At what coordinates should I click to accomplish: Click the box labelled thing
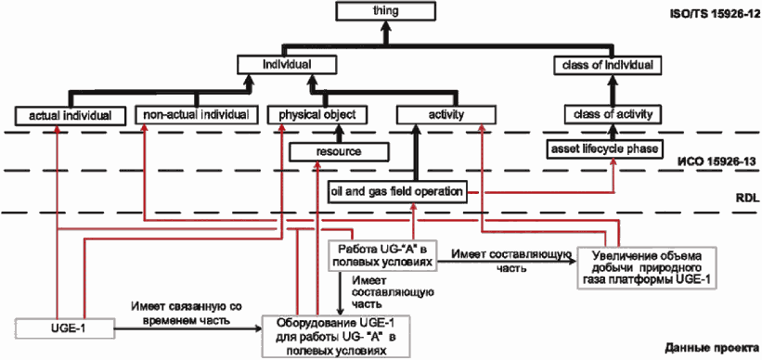pos(385,11)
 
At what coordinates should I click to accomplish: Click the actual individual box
pos(71,116)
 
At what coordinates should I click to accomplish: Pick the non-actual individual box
pos(196,115)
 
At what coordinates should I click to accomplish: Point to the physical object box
pos(317,115)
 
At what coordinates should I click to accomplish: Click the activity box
pos(446,115)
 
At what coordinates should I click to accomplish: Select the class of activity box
pos(613,115)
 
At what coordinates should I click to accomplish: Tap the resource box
pos(339,151)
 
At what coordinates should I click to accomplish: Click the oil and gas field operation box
pos(396,191)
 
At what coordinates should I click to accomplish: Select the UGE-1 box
pos(65,328)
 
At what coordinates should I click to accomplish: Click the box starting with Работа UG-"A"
pos(382,255)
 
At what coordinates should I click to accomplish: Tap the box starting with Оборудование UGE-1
pos(336,336)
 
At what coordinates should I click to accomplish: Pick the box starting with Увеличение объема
pos(648,269)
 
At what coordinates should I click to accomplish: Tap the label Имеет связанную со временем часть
pos(187,314)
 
